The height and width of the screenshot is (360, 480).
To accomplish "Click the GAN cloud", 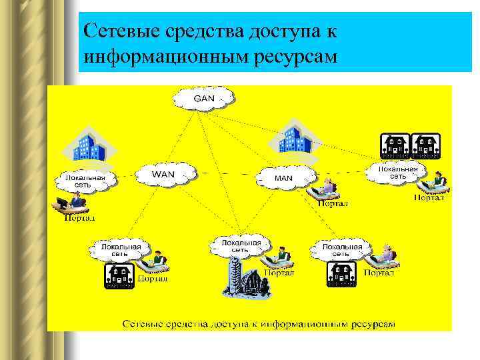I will tap(204, 99).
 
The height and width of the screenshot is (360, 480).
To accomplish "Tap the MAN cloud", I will tap(283, 178).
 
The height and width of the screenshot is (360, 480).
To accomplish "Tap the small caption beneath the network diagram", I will tap(258, 323).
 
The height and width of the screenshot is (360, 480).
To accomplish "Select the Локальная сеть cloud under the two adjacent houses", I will tap(397, 173).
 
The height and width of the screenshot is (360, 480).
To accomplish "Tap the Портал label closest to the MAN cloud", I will tap(332, 203).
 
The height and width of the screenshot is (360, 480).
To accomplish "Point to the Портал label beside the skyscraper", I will tap(280, 272).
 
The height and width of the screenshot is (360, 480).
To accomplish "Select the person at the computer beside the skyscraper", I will tap(281, 257).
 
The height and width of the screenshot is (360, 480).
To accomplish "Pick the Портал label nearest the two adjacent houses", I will tap(429, 197).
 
